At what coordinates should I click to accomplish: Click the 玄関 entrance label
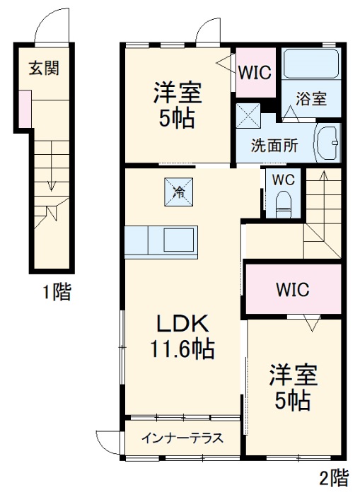tap(43, 69)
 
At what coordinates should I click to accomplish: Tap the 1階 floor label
tap(55, 291)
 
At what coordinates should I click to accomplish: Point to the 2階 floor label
tap(332, 479)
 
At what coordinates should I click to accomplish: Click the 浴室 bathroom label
tap(311, 99)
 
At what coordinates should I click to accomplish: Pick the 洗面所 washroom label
tap(274, 146)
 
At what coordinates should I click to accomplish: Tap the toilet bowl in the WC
tap(284, 202)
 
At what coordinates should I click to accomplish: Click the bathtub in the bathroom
tap(311, 65)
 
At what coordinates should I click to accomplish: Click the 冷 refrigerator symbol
tap(179, 190)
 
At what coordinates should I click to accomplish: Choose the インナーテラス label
tap(182, 438)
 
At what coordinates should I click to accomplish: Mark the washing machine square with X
tap(248, 115)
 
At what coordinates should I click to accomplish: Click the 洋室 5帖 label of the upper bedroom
tap(179, 103)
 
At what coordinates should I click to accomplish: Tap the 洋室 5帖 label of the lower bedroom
tap(291, 387)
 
